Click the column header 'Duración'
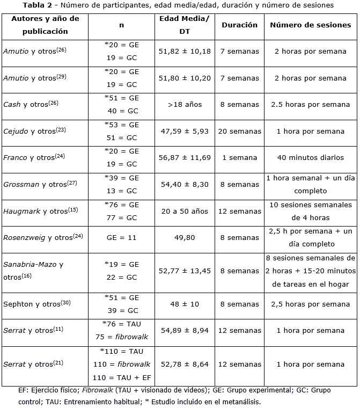coord(239,25)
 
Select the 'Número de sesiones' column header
coord(311,25)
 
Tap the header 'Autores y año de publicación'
coord(45,25)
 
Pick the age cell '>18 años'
coord(185,105)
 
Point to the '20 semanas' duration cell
coord(239,132)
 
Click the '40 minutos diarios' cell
coord(311,158)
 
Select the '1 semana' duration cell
coord(239,158)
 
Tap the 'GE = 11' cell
coord(122,237)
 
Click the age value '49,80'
coord(185,237)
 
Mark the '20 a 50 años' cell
coord(185,211)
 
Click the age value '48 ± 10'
coord(185,304)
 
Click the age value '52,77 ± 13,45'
coord(185,271)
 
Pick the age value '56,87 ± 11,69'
coord(185,158)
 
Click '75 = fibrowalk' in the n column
coord(122,337)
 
